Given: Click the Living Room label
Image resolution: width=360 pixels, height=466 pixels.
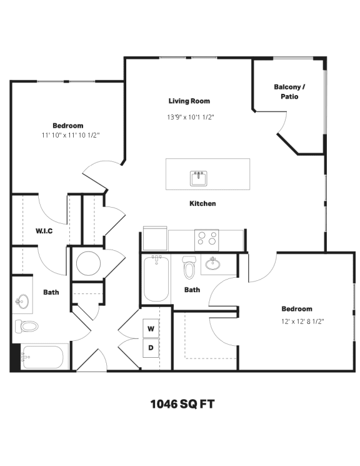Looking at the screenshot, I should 189,101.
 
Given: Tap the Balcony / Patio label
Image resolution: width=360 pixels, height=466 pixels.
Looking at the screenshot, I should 289,92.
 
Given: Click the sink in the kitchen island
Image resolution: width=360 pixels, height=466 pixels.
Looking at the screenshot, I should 199,178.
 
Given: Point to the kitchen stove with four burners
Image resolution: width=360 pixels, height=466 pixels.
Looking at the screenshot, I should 207,238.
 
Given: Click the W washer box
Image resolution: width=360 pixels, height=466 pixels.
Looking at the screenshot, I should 151,328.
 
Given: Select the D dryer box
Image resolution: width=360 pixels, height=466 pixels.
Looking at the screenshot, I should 151,348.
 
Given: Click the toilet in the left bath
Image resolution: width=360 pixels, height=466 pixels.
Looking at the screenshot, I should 27,326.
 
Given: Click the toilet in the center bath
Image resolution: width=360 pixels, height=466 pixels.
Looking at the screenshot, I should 189,268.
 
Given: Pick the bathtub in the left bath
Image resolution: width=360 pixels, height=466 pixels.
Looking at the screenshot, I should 42,357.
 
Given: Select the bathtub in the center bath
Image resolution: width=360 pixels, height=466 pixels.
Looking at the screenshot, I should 156,279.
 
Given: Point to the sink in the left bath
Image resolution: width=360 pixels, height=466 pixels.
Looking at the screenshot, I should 22,302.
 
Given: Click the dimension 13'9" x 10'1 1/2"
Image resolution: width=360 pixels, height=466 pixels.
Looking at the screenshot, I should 191,117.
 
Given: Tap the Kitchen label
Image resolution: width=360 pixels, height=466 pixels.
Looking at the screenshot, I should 202,203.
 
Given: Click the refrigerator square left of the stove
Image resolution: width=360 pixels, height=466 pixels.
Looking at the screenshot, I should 155,238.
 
